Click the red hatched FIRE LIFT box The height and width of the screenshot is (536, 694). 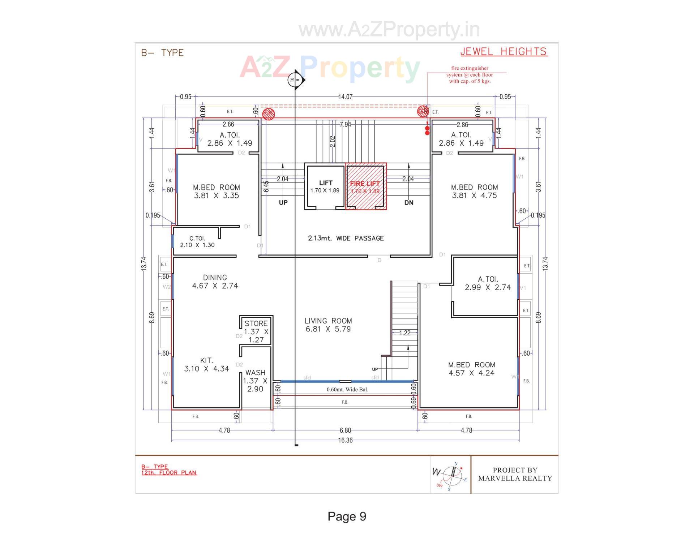click(x=366, y=186)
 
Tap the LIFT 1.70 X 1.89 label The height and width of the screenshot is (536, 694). click(x=325, y=186)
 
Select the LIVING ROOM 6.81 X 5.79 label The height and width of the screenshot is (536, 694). click(x=328, y=325)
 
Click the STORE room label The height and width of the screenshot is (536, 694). click(x=256, y=331)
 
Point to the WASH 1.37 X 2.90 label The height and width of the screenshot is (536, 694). click(x=255, y=381)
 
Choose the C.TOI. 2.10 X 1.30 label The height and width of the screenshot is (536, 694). click(x=197, y=242)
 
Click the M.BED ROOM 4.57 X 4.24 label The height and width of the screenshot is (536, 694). click(x=472, y=369)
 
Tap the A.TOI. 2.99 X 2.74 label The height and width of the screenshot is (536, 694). click(x=488, y=283)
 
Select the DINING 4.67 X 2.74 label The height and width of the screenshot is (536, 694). click(x=215, y=282)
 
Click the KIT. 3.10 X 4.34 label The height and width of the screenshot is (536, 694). click(x=207, y=365)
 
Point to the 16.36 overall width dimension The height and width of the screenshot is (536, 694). click(x=345, y=440)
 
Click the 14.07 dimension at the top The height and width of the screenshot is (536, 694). click(x=345, y=97)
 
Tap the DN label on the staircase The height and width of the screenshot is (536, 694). click(x=409, y=203)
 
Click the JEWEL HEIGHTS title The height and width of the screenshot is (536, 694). click(x=504, y=52)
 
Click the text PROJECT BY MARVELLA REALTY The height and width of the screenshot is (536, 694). click(x=515, y=474)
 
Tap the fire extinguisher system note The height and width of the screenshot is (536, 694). click(x=470, y=75)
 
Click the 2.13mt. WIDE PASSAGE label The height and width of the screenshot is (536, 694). click(x=346, y=238)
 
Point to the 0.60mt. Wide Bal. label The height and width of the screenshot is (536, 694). click(x=347, y=389)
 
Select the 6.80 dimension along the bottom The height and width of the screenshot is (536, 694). click(x=345, y=430)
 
